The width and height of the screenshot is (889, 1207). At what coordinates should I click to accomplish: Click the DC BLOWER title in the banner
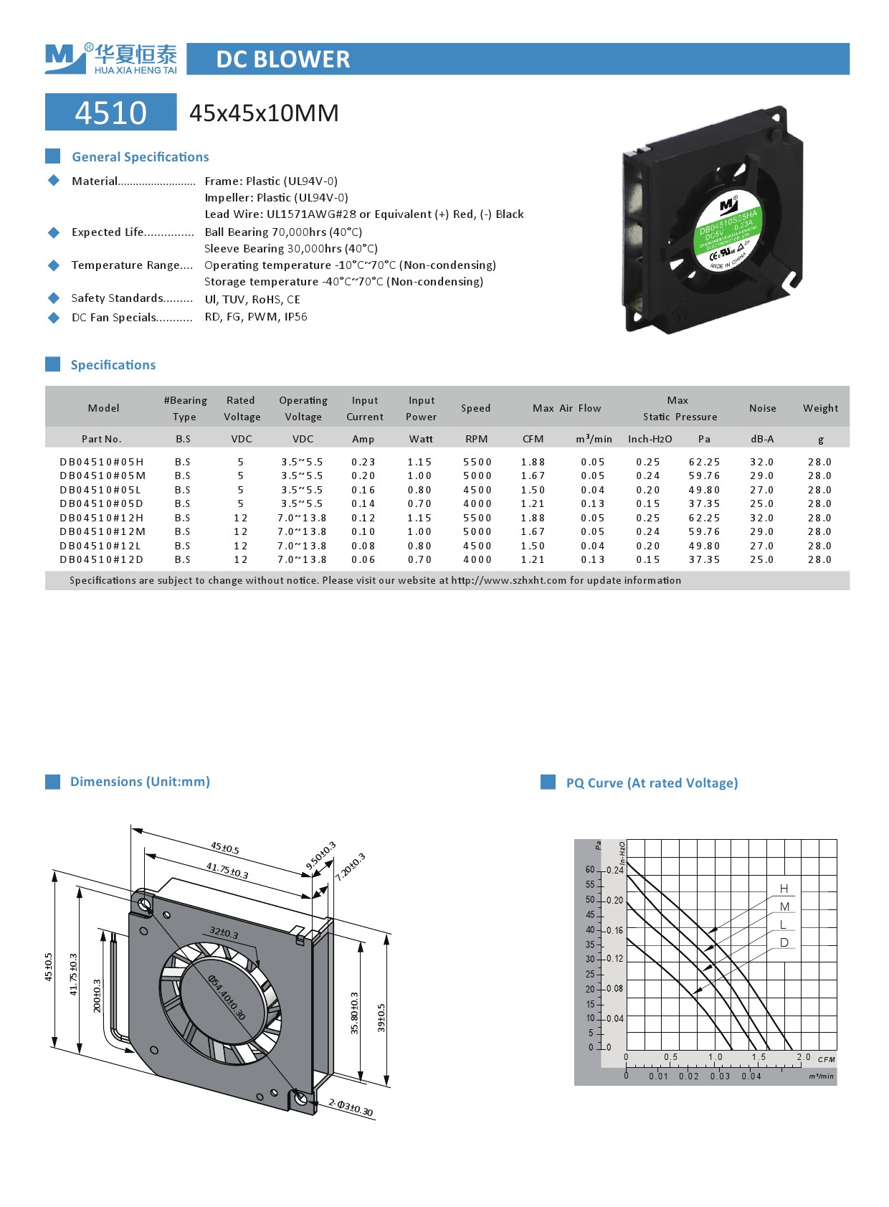(283, 59)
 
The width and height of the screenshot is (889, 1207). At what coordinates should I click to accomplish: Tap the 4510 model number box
(110, 113)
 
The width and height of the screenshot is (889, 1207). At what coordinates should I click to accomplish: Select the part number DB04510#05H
(102, 462)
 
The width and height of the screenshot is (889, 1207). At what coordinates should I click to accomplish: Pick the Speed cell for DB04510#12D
(477, 559)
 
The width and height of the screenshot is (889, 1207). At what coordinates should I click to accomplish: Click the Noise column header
(762, 408)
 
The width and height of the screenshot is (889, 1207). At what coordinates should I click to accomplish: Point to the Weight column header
(820, 408)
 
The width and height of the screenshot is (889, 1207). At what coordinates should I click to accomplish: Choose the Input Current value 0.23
(363, 462)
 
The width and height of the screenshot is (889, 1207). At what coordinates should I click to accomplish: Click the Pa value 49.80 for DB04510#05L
(704, 490)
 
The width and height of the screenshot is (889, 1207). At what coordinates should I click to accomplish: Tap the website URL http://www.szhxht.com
(508, 580)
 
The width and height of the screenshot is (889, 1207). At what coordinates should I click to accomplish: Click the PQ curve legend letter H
(784, 889)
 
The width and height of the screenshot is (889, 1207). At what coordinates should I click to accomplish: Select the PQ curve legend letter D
(784, 942)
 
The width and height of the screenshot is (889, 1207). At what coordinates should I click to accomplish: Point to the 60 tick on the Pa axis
(590, 869)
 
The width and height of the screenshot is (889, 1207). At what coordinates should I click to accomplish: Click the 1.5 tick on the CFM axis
(759, 1057)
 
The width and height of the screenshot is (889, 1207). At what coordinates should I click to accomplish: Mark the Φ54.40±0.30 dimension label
(227, 997)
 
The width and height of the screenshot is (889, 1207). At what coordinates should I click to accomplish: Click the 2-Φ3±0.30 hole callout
(351, 1107)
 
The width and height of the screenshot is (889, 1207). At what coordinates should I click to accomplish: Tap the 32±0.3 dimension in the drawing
(224, 933)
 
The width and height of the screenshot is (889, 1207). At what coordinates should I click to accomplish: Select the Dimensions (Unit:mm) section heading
(140, 782)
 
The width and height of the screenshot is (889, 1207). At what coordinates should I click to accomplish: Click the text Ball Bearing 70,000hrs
(265, 232)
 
